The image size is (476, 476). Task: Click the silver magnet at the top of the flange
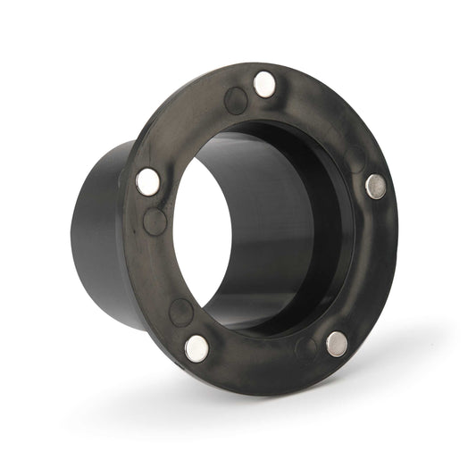pos(264,84)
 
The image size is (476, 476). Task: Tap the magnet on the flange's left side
pos(148,182)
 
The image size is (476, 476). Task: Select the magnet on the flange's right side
pos(376,186)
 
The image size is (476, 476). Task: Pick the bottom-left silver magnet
pos(196,347)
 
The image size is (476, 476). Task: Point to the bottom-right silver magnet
pos(337,344)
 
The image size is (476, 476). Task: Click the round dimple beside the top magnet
pos(237,100)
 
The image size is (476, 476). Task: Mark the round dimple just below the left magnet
pos(155,221)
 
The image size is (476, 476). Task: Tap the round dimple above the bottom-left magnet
pos(182,312)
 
